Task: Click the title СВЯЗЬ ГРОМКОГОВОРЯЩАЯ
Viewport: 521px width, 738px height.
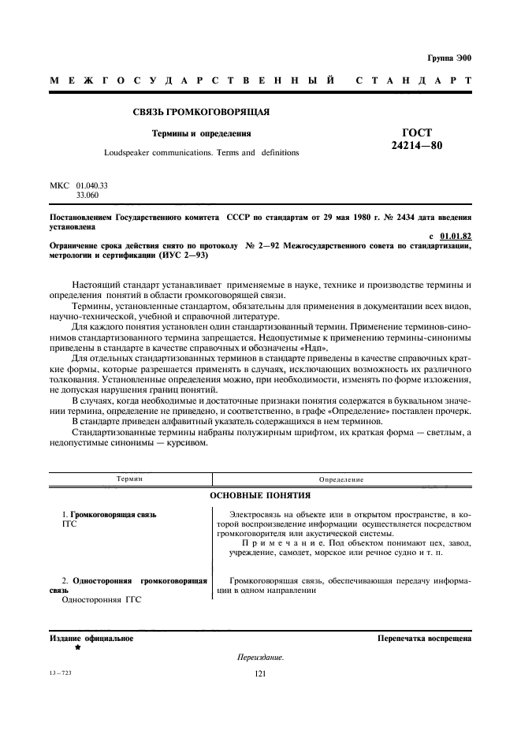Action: coord(202,111)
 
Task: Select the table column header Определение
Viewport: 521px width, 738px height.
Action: coord(341,479)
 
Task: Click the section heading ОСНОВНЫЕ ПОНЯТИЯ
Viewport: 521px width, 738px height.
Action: coord(260,496)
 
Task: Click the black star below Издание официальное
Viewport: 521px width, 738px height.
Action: coord(77,647)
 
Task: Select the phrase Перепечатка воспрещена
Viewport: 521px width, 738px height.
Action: coord(424,638)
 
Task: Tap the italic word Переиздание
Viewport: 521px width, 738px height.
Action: coord(260,658)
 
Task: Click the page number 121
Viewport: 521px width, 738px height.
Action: coord(260,675)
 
